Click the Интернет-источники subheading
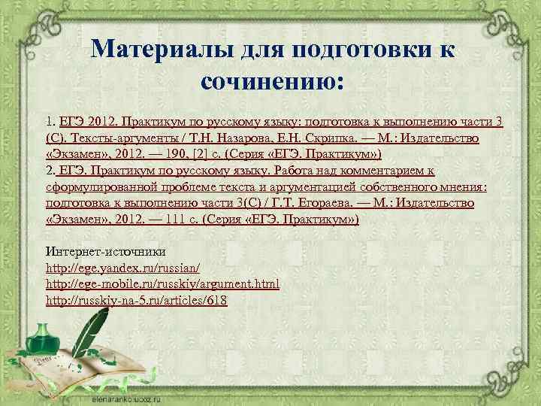(106, 251)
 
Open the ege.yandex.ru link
(122, 268)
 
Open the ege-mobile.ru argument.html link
(162, 284)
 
